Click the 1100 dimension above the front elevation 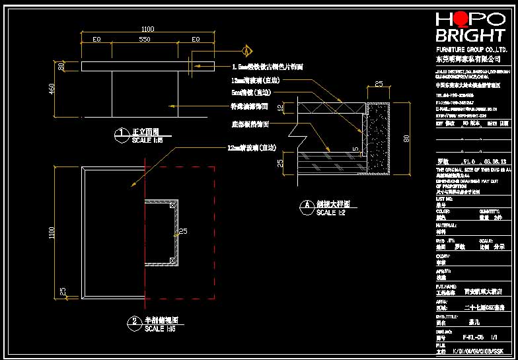147,28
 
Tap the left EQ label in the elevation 96,40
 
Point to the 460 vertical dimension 52,89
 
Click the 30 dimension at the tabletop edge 61,65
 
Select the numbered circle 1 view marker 122,135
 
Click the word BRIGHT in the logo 469,36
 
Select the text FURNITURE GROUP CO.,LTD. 471,50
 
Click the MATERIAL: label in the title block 447,225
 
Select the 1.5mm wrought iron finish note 267,67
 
